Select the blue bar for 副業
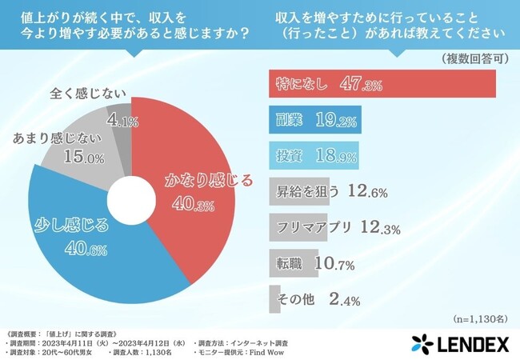[x=313, y=119]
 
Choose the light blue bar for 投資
[x=312, y=154]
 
